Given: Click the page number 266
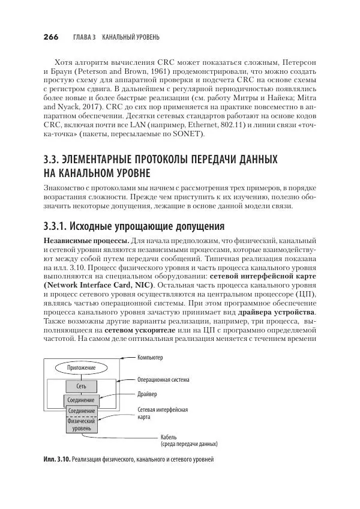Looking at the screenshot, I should pos(50,37).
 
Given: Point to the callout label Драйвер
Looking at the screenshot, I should pos(147,394).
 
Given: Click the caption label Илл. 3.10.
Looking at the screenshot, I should pos(56,460).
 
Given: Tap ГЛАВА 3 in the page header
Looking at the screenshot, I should pos(85,37).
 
